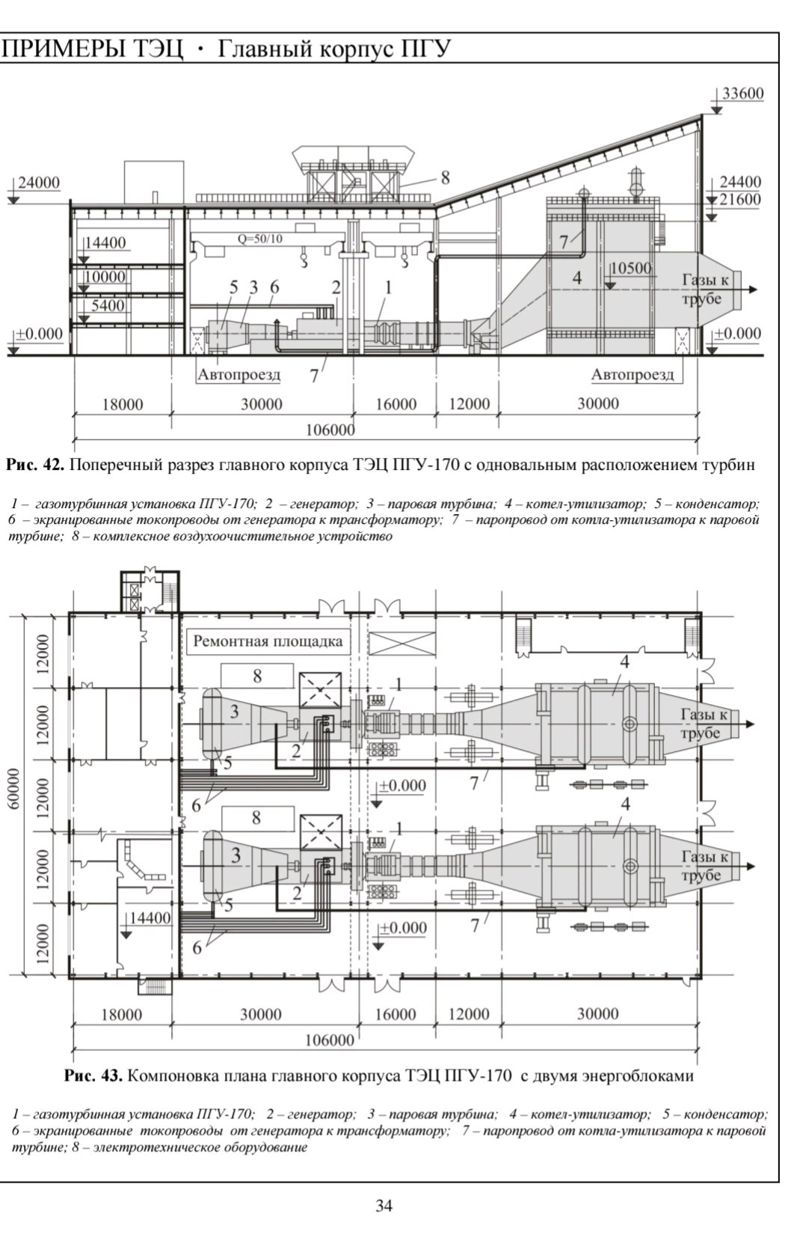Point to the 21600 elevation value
pos(741,199)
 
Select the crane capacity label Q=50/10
pos(260,239)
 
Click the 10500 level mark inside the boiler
pos(630,269)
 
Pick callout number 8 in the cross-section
pos(445,177)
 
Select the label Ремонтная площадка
pos(268,641)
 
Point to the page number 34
pos(384,1206)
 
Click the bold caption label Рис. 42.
pos(36,465)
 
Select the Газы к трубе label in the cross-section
pos(704,289)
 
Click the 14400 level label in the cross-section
pos(105,242)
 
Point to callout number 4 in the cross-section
pos(576,277)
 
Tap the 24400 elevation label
pos(741,182)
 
